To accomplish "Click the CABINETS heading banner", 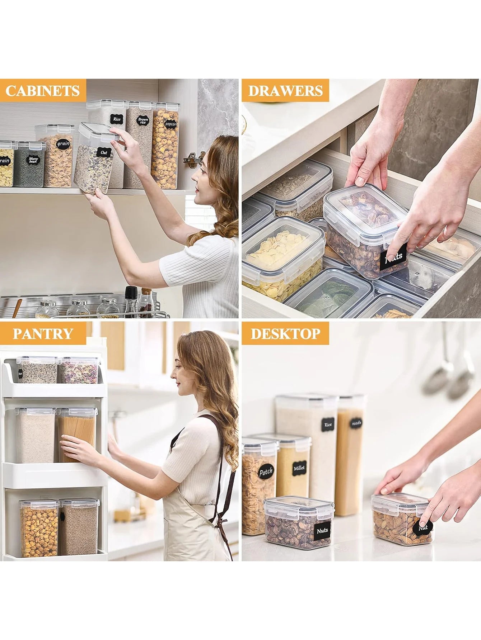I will [43, 91].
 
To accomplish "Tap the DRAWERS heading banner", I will [285, 91].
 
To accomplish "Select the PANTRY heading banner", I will [43, 333].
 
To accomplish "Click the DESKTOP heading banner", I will [285, 333].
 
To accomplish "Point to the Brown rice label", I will [143, 120].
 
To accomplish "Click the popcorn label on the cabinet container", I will [171, 124].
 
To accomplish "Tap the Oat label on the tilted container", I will [104, 152].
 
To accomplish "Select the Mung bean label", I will [33, 160].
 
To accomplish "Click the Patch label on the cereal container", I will [266, 472].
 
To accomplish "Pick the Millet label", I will [299, 468].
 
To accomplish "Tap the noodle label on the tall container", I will [356, 423].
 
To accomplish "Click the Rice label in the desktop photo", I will [328, 425].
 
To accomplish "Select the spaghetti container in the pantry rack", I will [77, 436].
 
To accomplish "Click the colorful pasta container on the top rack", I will [79, 371].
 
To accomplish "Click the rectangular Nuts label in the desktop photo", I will [322, 531].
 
